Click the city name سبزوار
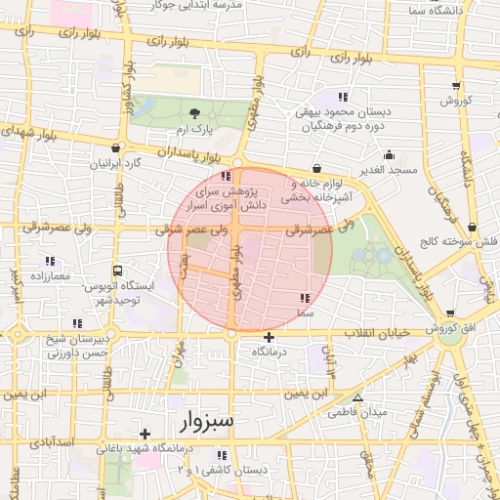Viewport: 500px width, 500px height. pyautogui.click(x=207, y=422)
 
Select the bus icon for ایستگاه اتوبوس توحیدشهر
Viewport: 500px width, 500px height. pyautogui.click(x=118, y=271)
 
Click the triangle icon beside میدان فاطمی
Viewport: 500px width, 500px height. pyautogui.click(x=357, y=397)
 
